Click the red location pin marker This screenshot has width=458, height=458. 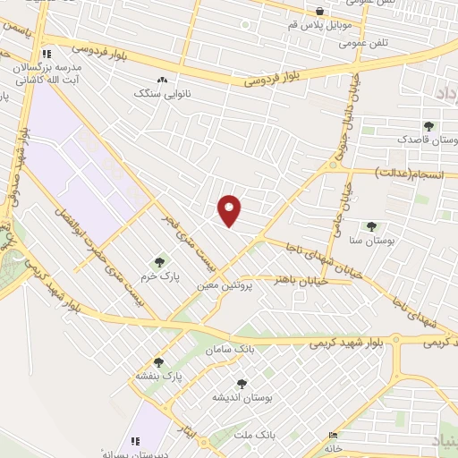click(230, 209)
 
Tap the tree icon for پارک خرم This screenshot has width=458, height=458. click(159, 262)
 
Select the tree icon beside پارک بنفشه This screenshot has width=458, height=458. click(158, 362)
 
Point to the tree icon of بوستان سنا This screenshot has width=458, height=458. click(371, 225)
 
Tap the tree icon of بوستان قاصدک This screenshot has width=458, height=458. click(428, 126)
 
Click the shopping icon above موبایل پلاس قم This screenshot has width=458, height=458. click(320, 11)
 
